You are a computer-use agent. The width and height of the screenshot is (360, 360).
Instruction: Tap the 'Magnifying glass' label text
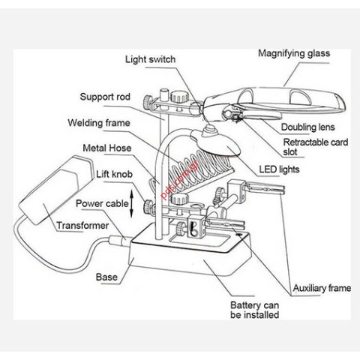tap(293, 53)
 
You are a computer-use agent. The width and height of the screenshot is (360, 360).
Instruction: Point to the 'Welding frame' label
tap(99, 122)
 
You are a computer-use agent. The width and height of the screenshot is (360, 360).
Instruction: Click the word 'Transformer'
tap(82, 225)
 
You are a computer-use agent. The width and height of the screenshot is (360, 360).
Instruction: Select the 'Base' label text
tap(106, 277)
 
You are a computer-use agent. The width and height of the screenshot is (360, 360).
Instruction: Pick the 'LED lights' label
tap(279, 169)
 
